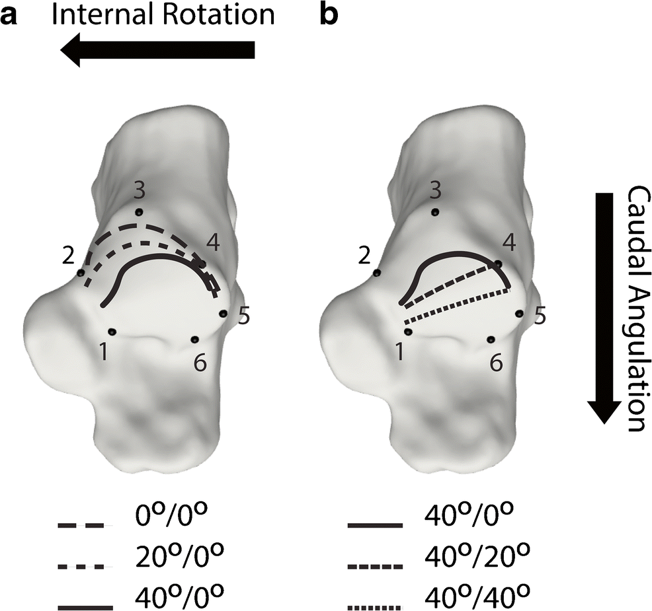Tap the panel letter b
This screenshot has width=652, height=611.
[x=328, y=15]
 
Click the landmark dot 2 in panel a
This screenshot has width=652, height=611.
[x=81, y=273]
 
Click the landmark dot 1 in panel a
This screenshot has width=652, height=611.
[x=112, y=332]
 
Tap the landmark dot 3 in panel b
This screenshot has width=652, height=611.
[x=435, y=213]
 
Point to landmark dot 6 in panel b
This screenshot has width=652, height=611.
[x=491, y=340]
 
